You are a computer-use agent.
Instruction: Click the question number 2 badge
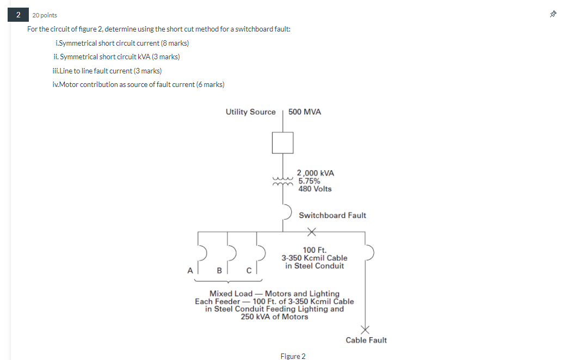[17, 15]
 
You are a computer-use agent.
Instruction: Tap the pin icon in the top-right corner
[553, 15]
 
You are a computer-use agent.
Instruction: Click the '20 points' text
[45, 15]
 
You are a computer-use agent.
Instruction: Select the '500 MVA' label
[305, 112]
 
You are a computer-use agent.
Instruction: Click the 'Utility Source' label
[251, 112]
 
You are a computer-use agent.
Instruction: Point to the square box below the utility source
[283, 143]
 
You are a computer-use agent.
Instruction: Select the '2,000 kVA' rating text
[316, 173]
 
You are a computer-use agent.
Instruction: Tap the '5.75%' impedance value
[309, 181]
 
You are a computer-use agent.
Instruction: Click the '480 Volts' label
[315, 189]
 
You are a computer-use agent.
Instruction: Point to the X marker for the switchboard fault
[311, 232]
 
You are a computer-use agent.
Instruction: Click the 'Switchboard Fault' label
[332, 215]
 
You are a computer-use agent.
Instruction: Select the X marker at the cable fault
[365, 329]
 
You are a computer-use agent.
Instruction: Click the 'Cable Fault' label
[366, 340]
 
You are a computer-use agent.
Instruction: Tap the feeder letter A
[190, 270]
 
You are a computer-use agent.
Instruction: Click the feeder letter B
[219, 270]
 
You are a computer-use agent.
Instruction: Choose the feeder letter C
[249, 270]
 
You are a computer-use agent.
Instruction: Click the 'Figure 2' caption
[293, 356]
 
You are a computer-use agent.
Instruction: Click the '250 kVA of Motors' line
[274, 317]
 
